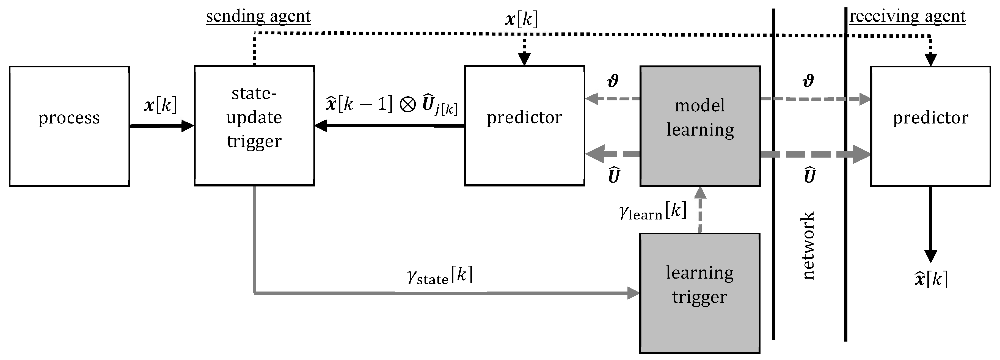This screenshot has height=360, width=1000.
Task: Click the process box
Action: click(69, 126)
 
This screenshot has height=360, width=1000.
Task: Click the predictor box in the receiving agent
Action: click(930, 126)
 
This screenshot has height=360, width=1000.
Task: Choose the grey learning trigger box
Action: click(699, 293)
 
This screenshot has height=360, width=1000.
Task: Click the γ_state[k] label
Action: click(440, 275)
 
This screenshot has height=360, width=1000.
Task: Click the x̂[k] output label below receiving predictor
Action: click(930, 279)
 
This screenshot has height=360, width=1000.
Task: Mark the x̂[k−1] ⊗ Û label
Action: click(392, 105)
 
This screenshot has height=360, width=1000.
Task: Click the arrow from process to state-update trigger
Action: click(161, 126)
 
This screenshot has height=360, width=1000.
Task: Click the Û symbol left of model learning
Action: click(614, 175)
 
